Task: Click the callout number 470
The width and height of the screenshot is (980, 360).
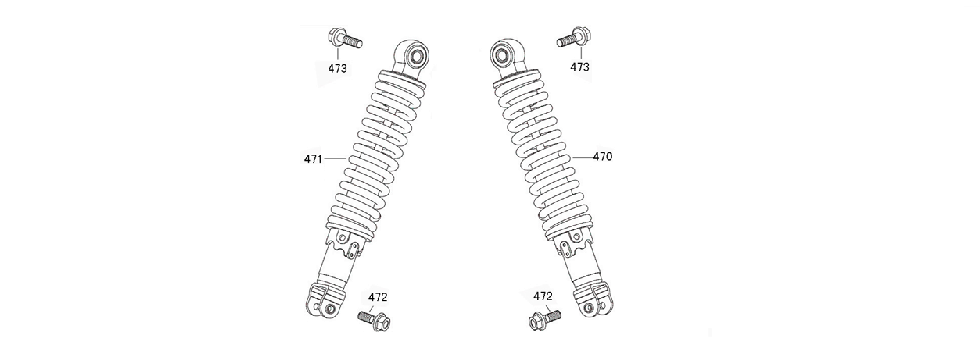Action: coord(602,157)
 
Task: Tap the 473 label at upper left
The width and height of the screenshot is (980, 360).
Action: coord(339,68)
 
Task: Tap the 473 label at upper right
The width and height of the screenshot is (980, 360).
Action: coord(580,67)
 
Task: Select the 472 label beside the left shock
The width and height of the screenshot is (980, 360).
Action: coord(377,297)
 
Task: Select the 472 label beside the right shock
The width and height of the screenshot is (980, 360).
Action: coord(542,296)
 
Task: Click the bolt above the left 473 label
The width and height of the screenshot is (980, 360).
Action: coord(342,41)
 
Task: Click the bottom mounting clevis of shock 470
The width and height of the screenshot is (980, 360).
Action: coord(594,306)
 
